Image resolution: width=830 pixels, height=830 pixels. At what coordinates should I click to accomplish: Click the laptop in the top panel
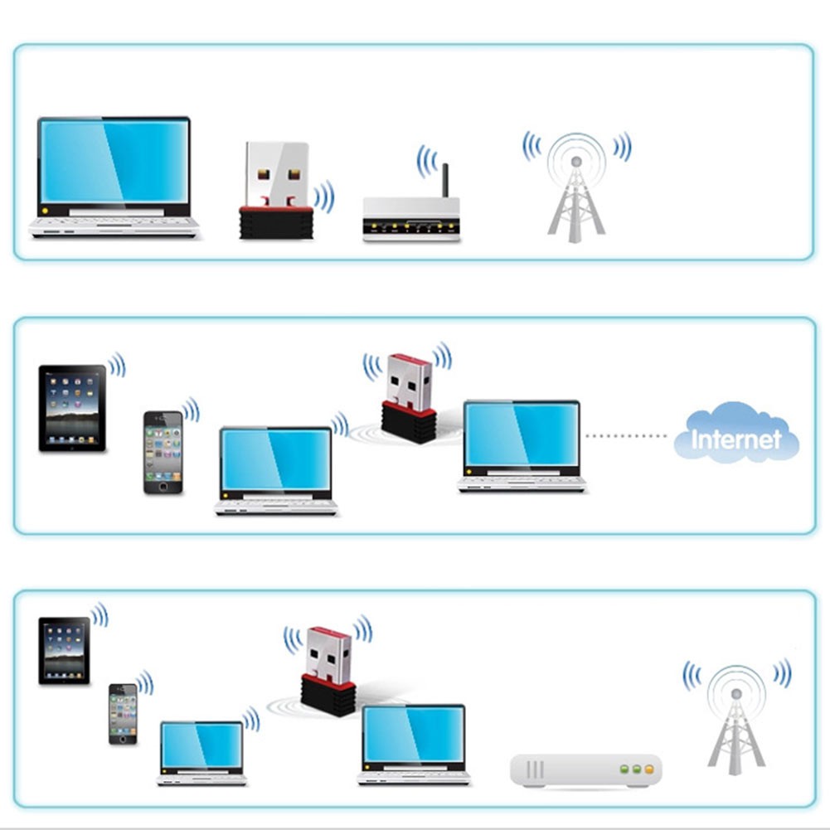(114, 177)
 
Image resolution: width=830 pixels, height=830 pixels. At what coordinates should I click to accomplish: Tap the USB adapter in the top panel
(276, 190)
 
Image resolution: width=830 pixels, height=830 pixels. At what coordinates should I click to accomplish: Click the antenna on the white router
(445, 181)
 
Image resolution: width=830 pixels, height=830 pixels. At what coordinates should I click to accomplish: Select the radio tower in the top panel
(576, 188)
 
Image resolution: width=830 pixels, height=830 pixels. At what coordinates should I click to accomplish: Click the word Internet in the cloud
(736, 439)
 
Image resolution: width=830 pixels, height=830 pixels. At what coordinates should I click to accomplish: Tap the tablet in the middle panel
(72, 408)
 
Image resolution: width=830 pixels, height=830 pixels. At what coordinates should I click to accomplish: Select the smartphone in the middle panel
(163, 453)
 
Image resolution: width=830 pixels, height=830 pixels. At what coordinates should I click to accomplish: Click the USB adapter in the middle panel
(409, 397)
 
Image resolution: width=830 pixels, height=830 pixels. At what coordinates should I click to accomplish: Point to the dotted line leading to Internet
(626, 435)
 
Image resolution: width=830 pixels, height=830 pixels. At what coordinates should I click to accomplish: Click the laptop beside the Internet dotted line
(522, 446)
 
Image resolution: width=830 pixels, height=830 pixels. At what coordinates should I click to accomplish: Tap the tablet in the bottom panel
(64, 651)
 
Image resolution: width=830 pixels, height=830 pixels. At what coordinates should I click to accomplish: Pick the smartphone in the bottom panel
(123, 714)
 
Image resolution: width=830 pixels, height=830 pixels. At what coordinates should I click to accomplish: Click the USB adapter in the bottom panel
(328, 671)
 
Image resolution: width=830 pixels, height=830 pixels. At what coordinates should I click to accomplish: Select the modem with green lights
(586, 770)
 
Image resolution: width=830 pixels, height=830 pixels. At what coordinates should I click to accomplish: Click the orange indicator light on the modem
(649, 769)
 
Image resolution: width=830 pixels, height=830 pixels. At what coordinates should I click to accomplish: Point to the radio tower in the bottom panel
(736, 720)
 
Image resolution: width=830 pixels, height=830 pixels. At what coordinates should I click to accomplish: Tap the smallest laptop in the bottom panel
(201, 753)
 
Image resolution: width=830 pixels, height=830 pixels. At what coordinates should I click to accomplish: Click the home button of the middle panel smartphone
(163, 487)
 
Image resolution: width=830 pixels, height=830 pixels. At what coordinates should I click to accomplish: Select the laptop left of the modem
(414, 745)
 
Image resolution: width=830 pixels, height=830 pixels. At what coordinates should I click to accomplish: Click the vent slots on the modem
(535, 769)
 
